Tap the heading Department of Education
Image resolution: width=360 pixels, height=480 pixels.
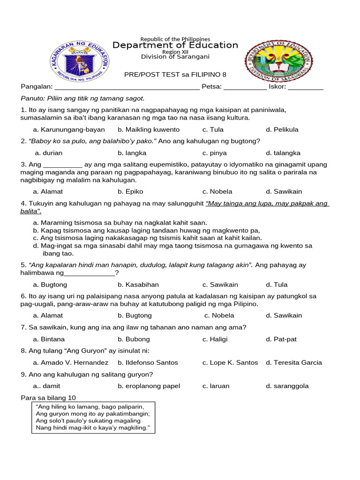175,45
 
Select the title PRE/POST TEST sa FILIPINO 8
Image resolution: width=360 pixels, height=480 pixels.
175,75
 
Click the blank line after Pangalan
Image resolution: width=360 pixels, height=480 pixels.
127,87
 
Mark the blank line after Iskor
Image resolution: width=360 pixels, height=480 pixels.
305,87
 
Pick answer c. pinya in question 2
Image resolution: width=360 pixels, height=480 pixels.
214,153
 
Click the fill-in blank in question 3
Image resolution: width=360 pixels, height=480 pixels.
63,165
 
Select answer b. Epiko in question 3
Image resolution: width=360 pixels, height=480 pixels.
130,191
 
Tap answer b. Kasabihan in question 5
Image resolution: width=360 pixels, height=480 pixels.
138,285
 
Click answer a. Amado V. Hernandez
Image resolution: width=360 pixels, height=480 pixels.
70,362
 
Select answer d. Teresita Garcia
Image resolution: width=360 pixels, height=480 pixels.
294,362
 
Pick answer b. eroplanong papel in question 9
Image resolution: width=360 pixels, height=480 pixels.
149,386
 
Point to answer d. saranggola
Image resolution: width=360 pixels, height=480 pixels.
287,386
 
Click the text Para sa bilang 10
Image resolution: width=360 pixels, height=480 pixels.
48,397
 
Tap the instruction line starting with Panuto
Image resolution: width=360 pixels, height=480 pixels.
83,98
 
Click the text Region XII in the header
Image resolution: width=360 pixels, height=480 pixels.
175,52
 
